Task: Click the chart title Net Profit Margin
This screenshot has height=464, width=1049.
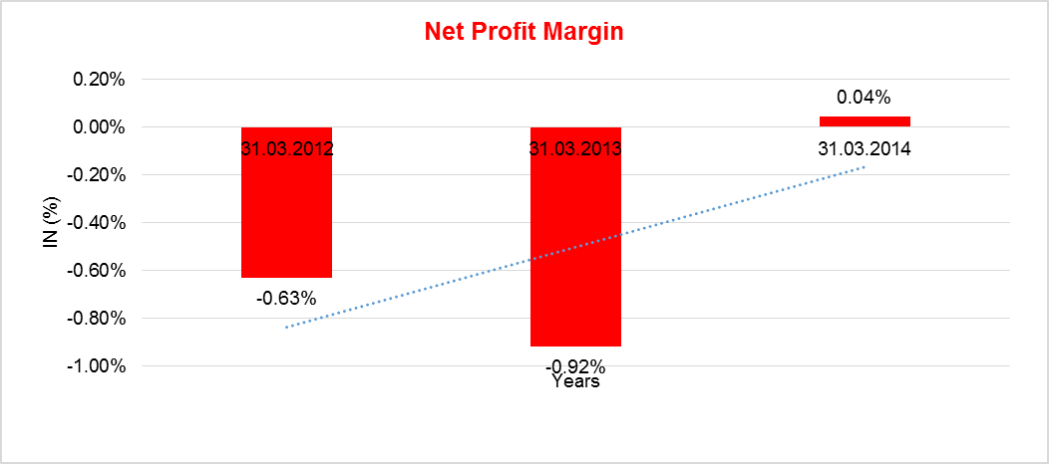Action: pos(524,32)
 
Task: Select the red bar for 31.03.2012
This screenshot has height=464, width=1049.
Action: pos(286,219)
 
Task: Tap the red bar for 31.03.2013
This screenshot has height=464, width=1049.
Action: pos(575,249)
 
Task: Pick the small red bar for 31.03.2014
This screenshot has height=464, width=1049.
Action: pos(865,121)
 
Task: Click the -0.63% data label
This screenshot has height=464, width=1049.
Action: pos(286,298)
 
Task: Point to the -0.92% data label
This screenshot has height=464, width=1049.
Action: pos(575,365)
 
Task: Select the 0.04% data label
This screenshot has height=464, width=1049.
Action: pos(864,98)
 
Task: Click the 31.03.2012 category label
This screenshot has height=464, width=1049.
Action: pos(286,150)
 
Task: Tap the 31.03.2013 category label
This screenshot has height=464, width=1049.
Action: pos(575,150)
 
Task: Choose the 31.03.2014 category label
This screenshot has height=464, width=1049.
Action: pos(865,150)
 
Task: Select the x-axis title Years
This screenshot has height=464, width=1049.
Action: pos(575,381)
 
